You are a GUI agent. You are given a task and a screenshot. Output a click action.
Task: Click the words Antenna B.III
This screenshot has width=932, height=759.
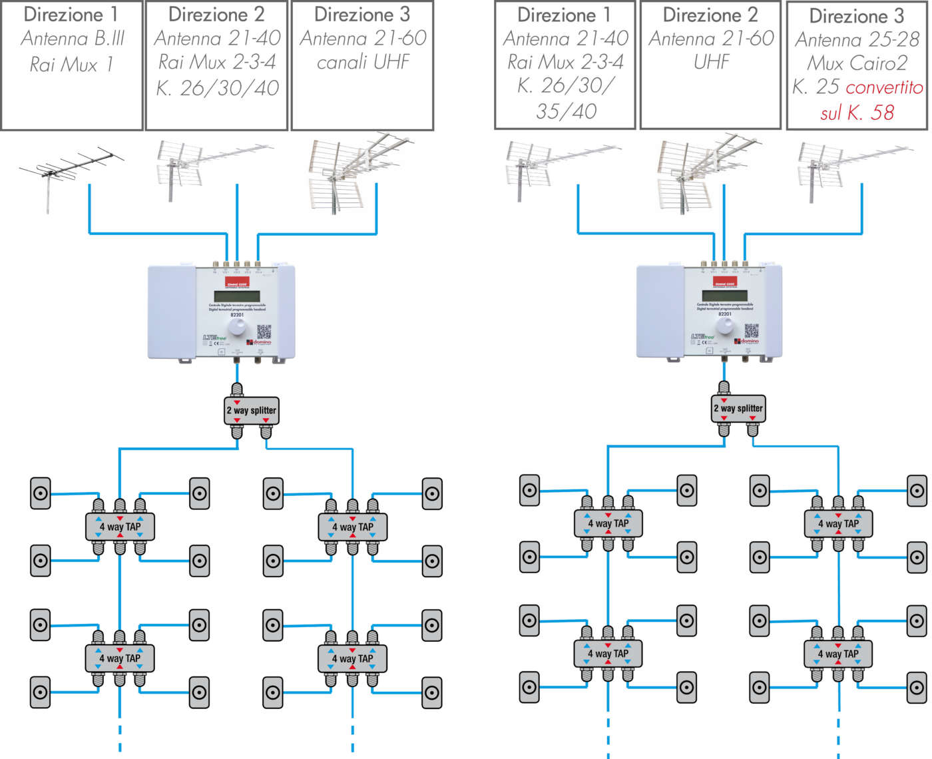click(73, 39)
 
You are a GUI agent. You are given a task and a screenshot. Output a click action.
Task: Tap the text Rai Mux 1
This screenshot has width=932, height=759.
click(71, 65)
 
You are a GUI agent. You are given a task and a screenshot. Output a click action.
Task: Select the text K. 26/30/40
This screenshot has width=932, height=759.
click(217, 88)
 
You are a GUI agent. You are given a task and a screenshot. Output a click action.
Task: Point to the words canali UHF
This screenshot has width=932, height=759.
click(363, 63)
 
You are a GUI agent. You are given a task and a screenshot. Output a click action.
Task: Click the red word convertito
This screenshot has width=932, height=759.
click(884, 87)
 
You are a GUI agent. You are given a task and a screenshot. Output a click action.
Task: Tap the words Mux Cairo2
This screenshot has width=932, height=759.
click(857, 63)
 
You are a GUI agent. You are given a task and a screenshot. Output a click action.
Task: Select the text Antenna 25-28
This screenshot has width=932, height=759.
click(857, 40)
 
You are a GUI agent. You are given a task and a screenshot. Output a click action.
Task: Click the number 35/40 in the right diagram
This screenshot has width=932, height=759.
click(566, 111)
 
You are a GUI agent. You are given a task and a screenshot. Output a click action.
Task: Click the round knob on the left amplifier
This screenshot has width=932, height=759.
click(237, 328)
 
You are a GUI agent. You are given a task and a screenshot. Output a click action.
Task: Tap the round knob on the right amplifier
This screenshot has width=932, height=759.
click(725, 326)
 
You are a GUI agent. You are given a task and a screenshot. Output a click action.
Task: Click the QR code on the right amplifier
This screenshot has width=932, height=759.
click(752, 330)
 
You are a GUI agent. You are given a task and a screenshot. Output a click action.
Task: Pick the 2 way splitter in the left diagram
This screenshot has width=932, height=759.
click(251, 410)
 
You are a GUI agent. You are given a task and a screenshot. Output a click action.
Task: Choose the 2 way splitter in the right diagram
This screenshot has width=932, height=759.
click(738, 408)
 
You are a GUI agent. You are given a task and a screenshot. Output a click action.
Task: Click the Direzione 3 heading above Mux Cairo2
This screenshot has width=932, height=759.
click(857, 16)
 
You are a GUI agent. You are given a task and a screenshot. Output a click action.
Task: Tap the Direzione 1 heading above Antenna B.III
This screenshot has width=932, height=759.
click(71, 14)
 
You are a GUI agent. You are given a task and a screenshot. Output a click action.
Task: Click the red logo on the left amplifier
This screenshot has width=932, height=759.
click(237, 283)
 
